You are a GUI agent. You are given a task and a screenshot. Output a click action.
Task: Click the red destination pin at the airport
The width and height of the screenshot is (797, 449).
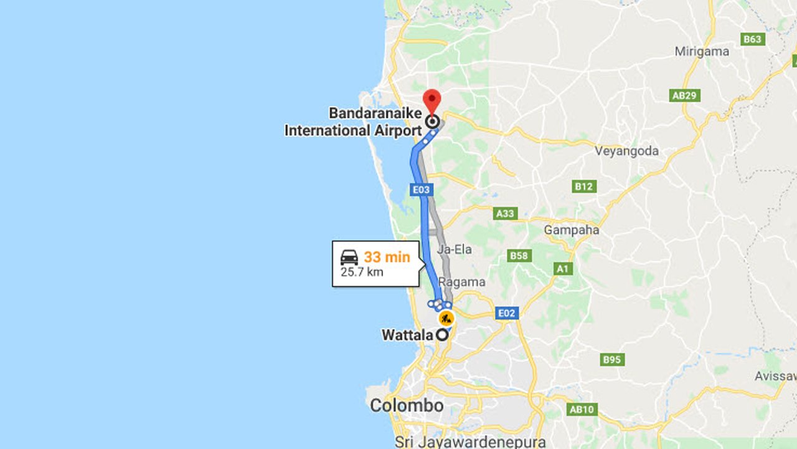pos(432,100)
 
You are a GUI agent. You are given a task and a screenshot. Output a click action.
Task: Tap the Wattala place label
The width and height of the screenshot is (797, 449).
pos(407,335)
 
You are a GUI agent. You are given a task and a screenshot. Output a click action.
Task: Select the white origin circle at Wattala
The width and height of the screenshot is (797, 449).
pos(441,335)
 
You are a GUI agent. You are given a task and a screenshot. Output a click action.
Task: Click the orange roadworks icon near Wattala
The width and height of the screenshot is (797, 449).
pos(446,319)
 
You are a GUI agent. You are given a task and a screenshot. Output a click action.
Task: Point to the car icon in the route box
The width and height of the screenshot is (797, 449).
pos(349,257)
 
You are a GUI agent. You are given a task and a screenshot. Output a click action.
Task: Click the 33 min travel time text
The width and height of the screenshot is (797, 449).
pos(387,257)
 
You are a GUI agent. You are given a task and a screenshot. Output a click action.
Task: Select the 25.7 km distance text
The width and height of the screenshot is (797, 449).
pos(362,272)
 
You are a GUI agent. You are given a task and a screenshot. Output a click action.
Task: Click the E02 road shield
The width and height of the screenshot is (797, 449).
pos(506,313)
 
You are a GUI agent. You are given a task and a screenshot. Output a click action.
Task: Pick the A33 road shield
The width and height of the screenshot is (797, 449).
pos(506,213)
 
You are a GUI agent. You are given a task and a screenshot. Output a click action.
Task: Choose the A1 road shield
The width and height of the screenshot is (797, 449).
pos(563,269)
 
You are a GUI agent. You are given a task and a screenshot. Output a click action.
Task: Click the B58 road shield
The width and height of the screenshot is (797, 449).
pos(519,256)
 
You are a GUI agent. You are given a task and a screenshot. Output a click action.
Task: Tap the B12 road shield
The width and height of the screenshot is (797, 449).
pos(584,186)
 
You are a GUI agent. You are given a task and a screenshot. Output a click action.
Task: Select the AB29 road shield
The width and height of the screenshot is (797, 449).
pos(686,95)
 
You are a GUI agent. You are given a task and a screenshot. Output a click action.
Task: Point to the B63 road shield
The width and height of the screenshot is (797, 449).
pos(752,39)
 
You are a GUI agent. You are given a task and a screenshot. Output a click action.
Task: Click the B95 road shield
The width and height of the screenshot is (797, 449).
pos(612,360)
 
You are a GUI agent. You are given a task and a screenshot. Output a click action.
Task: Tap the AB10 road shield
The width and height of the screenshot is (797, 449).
pos(582,409)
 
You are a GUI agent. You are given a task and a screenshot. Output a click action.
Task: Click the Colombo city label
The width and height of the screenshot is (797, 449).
pos(407,405)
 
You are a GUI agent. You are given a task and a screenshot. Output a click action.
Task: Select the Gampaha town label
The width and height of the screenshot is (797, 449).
pos(571,230)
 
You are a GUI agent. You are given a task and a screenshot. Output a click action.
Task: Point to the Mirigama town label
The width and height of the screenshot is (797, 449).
pos(702,52)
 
